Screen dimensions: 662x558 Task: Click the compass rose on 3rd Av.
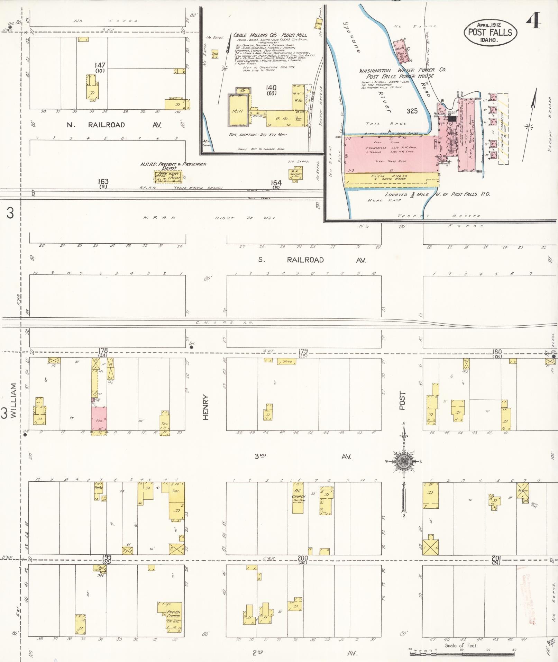[x=403, y=461]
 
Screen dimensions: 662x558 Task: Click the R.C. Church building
[x=298, y=500]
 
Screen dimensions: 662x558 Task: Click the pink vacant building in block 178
[x=99, y=419]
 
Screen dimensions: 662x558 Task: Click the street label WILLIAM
[x=13, y=400]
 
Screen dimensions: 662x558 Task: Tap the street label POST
[x=402, y=400]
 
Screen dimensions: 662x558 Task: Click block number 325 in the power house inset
[x=412, y=111]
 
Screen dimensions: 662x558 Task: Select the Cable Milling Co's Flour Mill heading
[x=270, y=35]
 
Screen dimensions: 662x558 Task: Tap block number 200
[x=303, y=558]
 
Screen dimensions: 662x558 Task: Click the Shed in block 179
[x=286, y=361]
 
